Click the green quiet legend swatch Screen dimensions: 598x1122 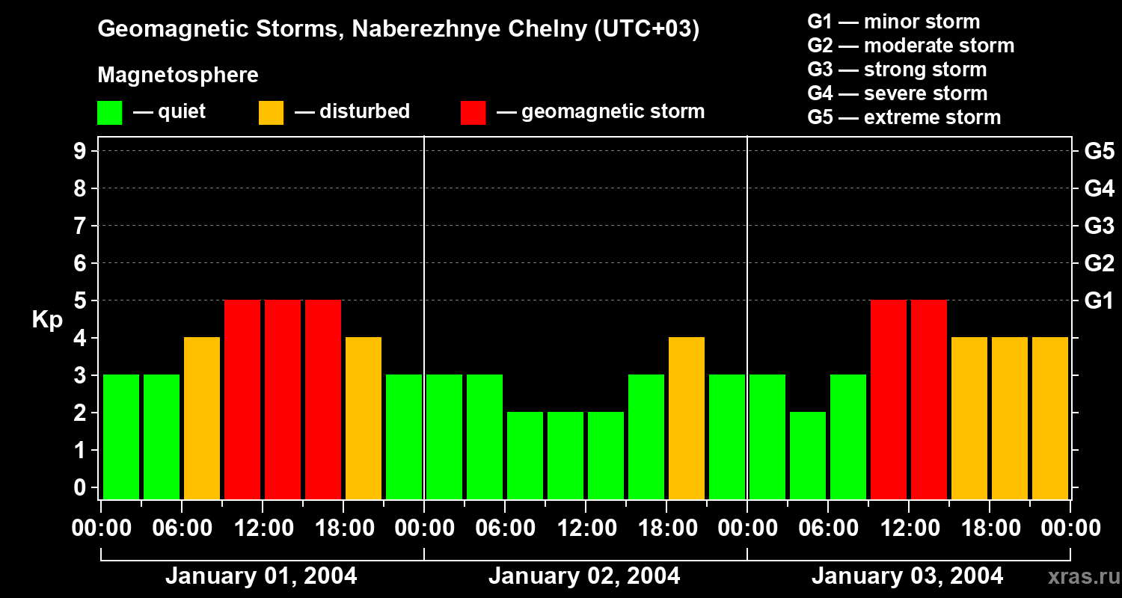pyautogui.click(x=109, y=113)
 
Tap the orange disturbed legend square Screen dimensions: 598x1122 pyautogui.click(x=271, y=113)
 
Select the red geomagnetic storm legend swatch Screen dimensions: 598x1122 pyautogui.click(x=473, y=113)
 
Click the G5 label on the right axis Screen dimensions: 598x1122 pyautogui.click(x=1099, y=152)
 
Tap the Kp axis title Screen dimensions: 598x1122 pyautogui.click(x=47, y=320)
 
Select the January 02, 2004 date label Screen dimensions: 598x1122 pyautogui.click(x=584, y=576)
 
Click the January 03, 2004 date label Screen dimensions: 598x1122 pyautogui.click(x=907, y=576)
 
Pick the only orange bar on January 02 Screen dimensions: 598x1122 pyautogui.click(x=687, y=418)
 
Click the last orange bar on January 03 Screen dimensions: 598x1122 pyautogui.click(x=1050, y=418)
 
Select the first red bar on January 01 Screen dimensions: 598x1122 pyautogui.click(x=242, y=399)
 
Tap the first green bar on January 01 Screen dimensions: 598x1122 pyautogui.click(x=121, y=437)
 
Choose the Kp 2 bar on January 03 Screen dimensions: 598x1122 pyautogui.click(x=808, y=455)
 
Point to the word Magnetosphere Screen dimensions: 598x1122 pyautogui.click(x=178, y=75)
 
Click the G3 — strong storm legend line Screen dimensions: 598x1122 pyautogui.click(x=897, y=70)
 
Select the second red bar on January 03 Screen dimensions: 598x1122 pyautogui.click(x=929, y=399)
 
